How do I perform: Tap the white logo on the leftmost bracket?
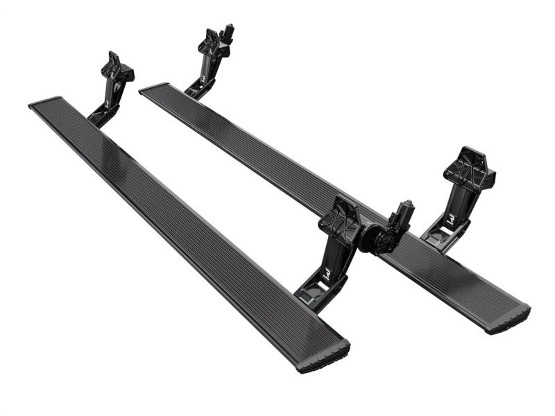107,104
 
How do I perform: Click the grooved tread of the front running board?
180,229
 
